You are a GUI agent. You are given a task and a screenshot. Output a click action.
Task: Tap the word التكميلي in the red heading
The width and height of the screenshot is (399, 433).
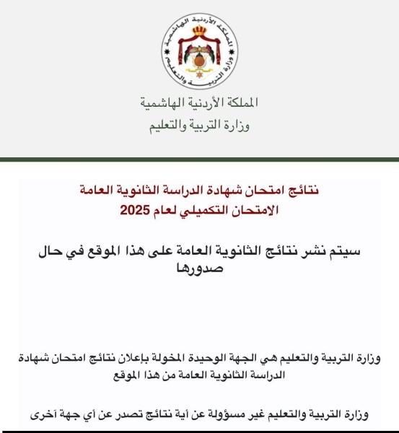[x=213, y=211]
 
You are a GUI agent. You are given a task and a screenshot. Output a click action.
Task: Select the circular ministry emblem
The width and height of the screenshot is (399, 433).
[x=199, y=54]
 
